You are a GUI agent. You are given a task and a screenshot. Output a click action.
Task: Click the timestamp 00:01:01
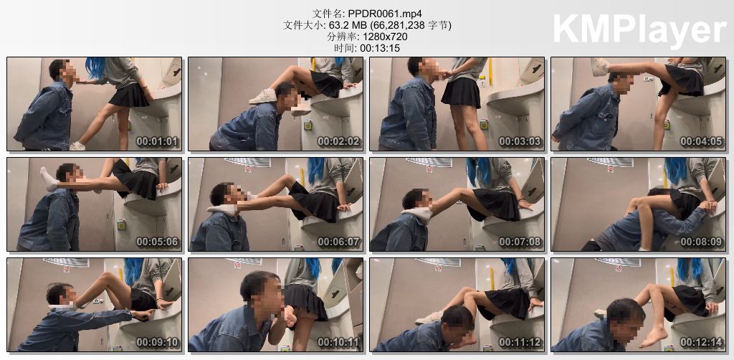point(158,141)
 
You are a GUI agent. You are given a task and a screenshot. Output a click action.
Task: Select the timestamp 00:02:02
point(339,141)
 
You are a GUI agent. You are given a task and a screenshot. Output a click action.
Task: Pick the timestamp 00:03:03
point(520,141)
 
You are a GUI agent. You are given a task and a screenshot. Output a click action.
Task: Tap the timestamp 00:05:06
point(158,242)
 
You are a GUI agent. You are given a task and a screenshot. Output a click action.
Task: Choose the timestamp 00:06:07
point(339,242)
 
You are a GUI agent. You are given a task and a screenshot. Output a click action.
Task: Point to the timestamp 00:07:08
point(520,242)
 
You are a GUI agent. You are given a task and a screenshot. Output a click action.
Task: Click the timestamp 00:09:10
point(158,342)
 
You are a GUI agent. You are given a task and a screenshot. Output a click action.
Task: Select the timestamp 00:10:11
point(339,342)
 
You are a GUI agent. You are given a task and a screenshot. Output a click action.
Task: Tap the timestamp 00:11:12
point(520,342)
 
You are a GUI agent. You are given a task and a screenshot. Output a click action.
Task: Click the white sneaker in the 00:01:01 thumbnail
point(77,146)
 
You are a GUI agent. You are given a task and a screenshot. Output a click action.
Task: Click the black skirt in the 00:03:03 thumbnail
point(461,93)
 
